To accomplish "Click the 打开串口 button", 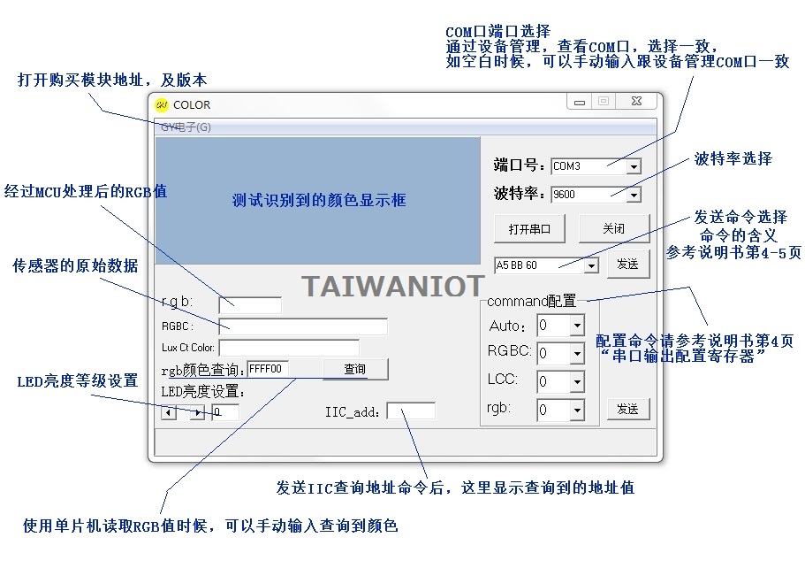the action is pos(529,229).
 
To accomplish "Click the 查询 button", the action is pos(355,369).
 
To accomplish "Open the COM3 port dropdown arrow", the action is pos(634,166).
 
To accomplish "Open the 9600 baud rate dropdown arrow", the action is pos(634,195).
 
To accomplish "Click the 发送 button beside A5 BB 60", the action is pos(628,265).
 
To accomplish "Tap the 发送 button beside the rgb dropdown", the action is pos(628,409).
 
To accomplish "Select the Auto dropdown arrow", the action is pos(578,326).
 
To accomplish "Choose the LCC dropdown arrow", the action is pos(578,381).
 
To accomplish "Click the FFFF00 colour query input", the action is pos(268,369).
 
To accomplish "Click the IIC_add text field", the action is pos(411,411).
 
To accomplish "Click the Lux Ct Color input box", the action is pos(289,348).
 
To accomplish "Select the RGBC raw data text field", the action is pos(303,326).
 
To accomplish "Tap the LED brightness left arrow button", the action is pos(169,412).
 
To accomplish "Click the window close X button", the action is pos(636,101).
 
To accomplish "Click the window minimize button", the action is pos(580,102).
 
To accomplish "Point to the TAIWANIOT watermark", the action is pos(392,287).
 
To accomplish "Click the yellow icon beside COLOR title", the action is pos(162,105).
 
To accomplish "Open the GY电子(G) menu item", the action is pos(186,127).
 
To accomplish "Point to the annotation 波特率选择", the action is pos(733,158).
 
